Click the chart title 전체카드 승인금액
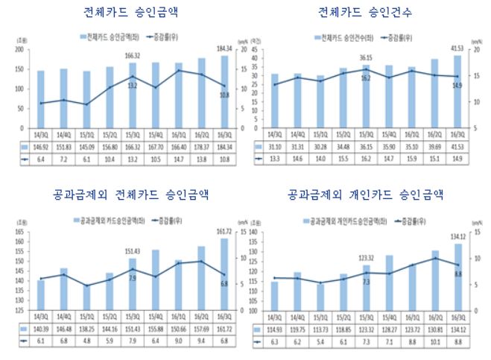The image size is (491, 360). (x=131, y=12)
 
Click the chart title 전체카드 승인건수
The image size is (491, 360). (x=365, y=12)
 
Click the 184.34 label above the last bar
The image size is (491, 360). (x=226, y=48)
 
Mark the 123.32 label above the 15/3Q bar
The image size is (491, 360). (x=366, y=257)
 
